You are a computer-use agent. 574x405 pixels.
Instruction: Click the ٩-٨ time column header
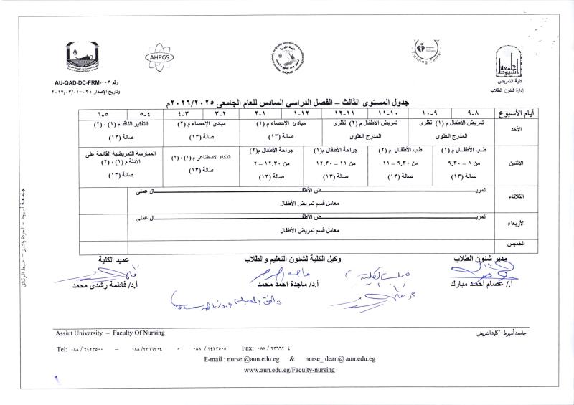(x=465, y=114)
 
